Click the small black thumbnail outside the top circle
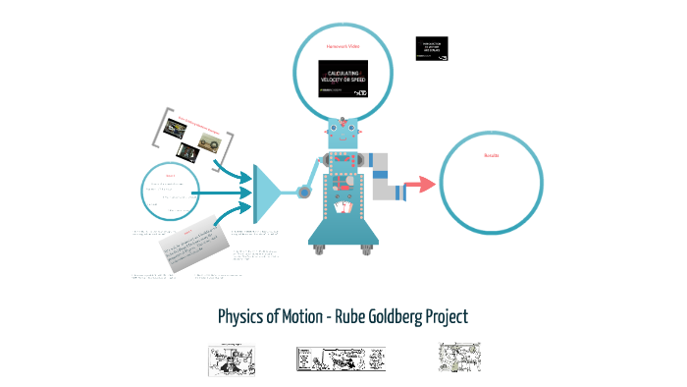coord(433,50)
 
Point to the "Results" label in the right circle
coord(492,154)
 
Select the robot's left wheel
coord(318,249)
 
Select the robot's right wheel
coord(366,249)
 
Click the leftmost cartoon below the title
coord(233,359)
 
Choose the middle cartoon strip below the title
coord(341,359)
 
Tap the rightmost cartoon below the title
coord(459,358)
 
